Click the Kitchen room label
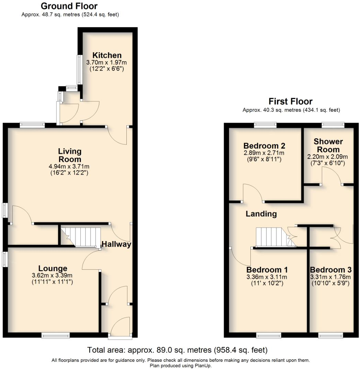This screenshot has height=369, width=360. click(107, 55)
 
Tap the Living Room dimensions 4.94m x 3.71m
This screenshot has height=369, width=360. click(69, 167)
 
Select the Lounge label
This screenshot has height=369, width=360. click(53, 269)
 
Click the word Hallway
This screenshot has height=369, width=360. click(116, 244)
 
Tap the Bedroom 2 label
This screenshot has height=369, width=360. click(264, 146)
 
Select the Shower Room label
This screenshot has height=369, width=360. click(328, 145)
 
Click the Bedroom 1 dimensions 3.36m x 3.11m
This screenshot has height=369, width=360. click(267, 277)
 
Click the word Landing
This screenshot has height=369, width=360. click(261, 214)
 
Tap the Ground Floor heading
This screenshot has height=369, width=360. click(69, 6)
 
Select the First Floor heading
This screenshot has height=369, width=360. click(291, 101)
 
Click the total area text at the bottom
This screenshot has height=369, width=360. click(177, 350)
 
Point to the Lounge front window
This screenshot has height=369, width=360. click(56, 335)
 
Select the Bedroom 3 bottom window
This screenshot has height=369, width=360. click(330, 335)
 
